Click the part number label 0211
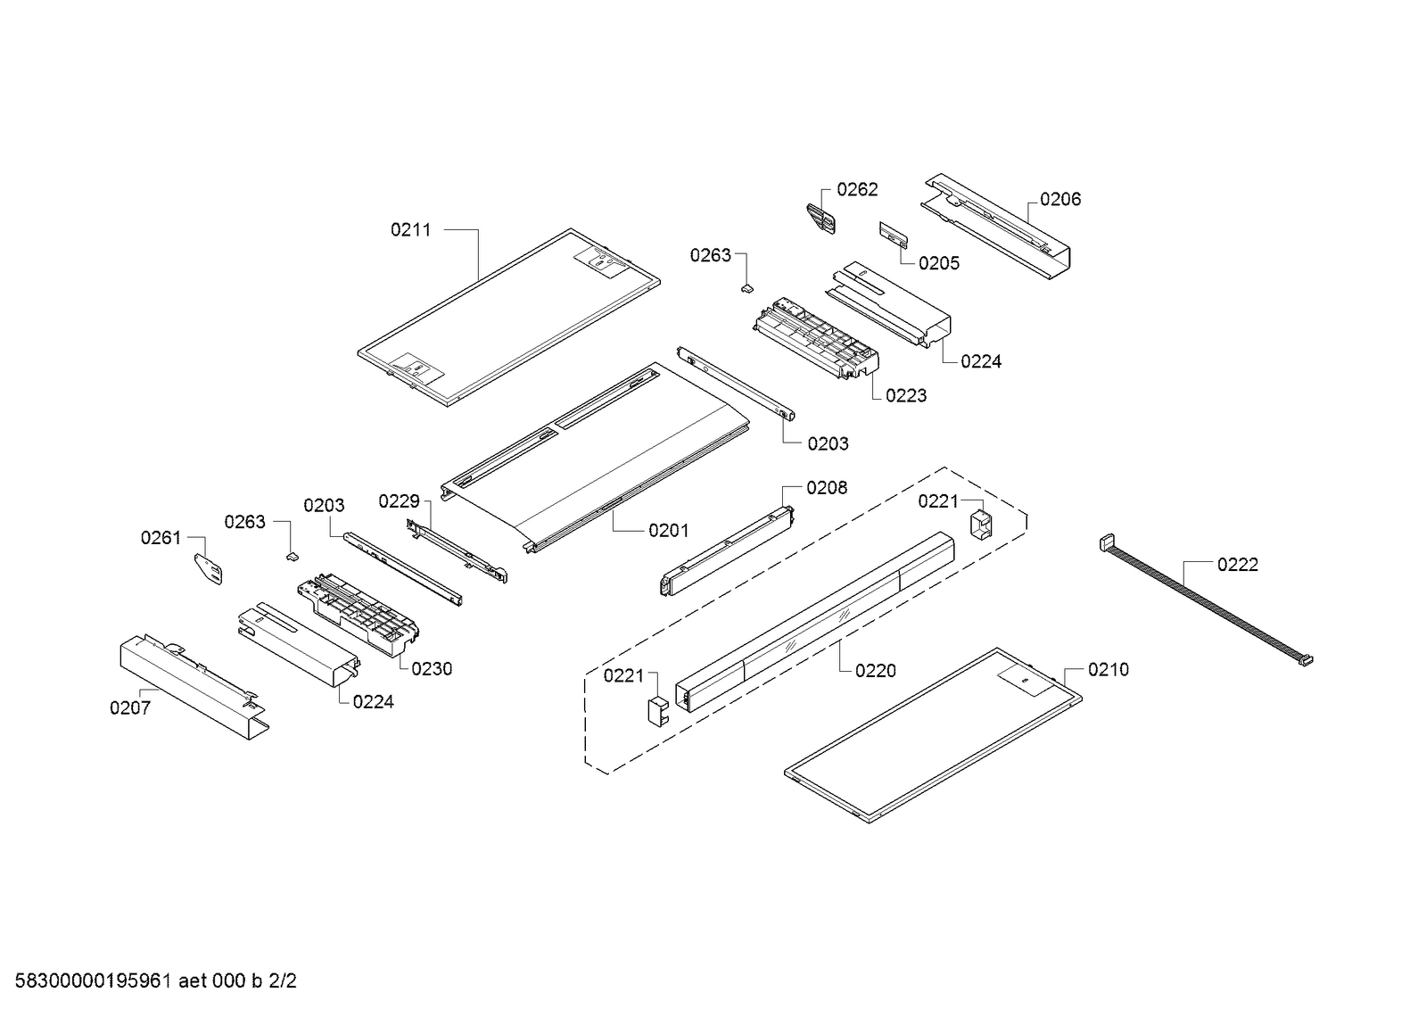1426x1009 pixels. tap(410, 230)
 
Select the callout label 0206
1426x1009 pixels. tap(1060, 199)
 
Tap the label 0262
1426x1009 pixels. tap(857, 189)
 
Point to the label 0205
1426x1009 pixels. tap(939, 263)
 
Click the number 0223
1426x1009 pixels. tap(906, 395)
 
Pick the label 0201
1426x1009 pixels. tap(668, 531)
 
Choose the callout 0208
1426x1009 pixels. tap(827, 488)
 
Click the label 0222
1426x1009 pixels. tap(1238, 565)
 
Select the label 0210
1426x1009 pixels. tap(1108, 669)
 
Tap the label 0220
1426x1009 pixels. tap(875, 671)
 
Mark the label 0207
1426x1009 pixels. tap(130, 708)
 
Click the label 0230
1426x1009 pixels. tap(432, 669)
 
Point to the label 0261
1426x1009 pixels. tap(161, 538)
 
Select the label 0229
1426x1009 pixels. tap(399, 501)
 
